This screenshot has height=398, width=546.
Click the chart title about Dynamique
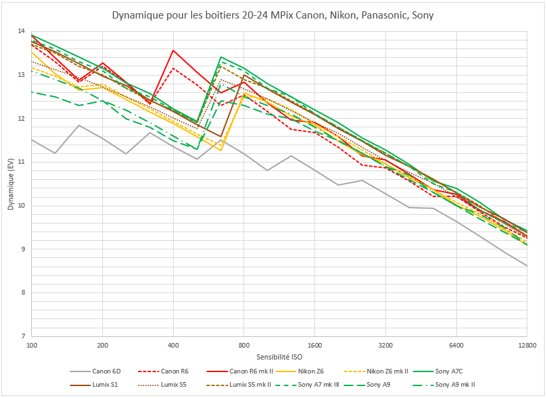point(273,15)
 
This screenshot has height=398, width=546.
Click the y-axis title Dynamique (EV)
point(11,183)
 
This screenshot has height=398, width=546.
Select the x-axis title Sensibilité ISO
point(279,357)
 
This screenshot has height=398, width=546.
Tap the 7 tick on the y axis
point(22,336)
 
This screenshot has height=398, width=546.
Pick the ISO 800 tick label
point(243,346)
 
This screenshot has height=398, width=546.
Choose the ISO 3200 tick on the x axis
point(385,346)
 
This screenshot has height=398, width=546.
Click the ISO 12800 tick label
point(527,346)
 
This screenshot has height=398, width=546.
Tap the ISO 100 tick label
point(31,346)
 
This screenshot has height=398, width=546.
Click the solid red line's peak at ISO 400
point(173,50)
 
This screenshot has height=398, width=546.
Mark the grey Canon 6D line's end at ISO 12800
point(527,266)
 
